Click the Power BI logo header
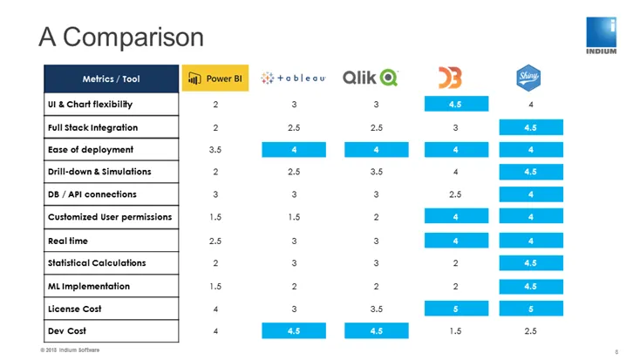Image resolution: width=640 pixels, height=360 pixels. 215,78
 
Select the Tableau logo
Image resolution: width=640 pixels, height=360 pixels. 293,78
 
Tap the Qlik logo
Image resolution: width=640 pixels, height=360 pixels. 371,78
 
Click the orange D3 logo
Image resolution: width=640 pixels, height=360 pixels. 450,78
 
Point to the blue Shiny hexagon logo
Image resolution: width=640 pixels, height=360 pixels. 528,78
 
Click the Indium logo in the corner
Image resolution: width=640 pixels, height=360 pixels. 602,36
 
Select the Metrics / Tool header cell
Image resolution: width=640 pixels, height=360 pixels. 111,78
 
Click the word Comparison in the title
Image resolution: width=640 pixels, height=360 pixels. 133,37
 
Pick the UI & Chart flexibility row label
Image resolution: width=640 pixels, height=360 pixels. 90,105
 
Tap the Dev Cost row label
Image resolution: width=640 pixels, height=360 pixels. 67,331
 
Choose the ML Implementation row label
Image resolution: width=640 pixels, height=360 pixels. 89,287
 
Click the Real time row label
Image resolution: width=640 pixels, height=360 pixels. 68,241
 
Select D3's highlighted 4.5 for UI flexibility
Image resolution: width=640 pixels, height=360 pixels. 456,104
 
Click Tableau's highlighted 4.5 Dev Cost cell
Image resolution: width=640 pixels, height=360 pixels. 294,331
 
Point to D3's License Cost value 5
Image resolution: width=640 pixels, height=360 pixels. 456,309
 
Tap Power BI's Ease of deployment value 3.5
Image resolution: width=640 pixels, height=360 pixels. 215,150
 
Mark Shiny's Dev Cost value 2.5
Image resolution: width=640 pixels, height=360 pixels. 531,331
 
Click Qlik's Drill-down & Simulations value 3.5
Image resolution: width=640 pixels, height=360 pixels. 377,172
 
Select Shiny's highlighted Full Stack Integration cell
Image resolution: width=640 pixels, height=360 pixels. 531,127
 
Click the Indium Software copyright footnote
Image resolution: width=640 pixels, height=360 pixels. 70,350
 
